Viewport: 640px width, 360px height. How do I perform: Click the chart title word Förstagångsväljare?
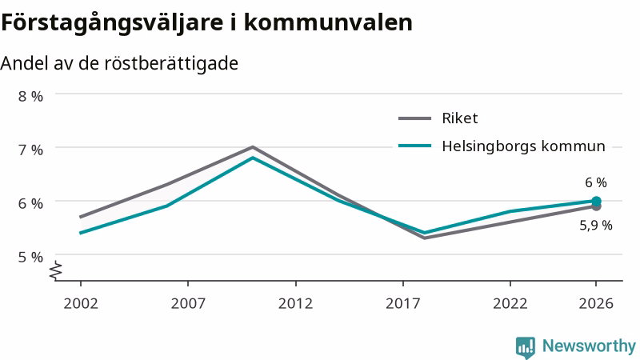point(112,22)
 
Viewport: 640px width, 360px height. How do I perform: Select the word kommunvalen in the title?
point(328,22)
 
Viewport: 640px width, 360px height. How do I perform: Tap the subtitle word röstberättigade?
point(171,63)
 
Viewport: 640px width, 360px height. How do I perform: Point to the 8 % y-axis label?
point(30,96)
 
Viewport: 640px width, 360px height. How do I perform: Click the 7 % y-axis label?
point(30,150)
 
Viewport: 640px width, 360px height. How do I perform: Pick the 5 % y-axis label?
point(30,257)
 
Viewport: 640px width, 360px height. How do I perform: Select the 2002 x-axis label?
point(81,303)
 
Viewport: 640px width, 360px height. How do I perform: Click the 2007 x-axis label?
point(188,303)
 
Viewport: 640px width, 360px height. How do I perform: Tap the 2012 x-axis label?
point(295,303)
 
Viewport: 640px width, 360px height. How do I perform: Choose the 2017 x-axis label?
point(403,303)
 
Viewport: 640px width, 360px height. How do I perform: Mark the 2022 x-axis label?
point(510,303)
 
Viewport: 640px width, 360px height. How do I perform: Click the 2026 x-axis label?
point(596,303)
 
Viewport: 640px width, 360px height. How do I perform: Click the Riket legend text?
point(459,118)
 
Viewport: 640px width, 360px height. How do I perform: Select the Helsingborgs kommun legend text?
point(524,146)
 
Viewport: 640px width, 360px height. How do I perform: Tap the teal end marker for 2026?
point(596,201)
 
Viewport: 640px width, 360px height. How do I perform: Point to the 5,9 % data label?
point(596,226)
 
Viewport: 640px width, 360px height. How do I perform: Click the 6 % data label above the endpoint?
point(596,182)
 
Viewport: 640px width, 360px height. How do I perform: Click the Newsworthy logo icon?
point(526,347)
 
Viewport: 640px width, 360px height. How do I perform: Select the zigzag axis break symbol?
point(56,270)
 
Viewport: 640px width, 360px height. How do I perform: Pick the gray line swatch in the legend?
point(414,118)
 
